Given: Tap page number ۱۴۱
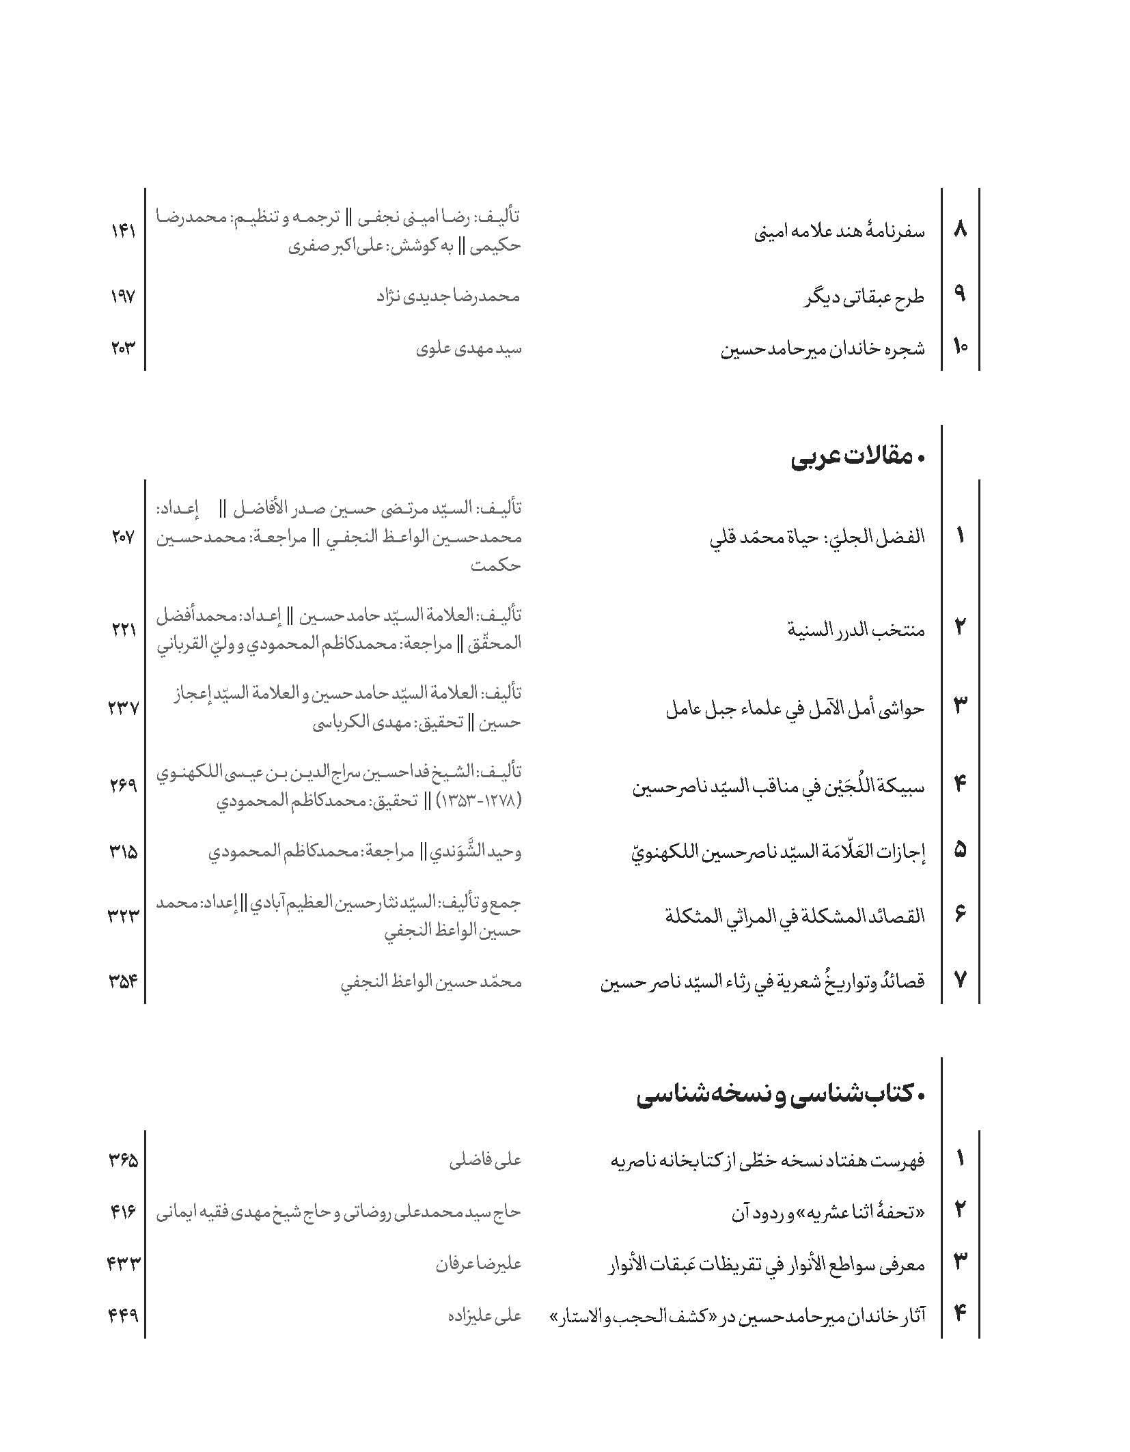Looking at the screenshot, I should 124,232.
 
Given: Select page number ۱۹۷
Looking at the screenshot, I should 124,296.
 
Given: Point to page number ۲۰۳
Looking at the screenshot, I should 124,348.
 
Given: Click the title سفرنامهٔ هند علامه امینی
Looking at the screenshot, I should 839,232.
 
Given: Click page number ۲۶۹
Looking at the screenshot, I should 124,786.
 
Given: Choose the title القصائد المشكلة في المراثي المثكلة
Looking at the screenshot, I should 795,916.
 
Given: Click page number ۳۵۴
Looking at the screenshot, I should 124,981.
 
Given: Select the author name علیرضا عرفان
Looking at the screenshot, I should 478,1264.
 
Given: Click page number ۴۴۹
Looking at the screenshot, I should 124,1314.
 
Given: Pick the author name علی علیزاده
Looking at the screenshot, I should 484,1314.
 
